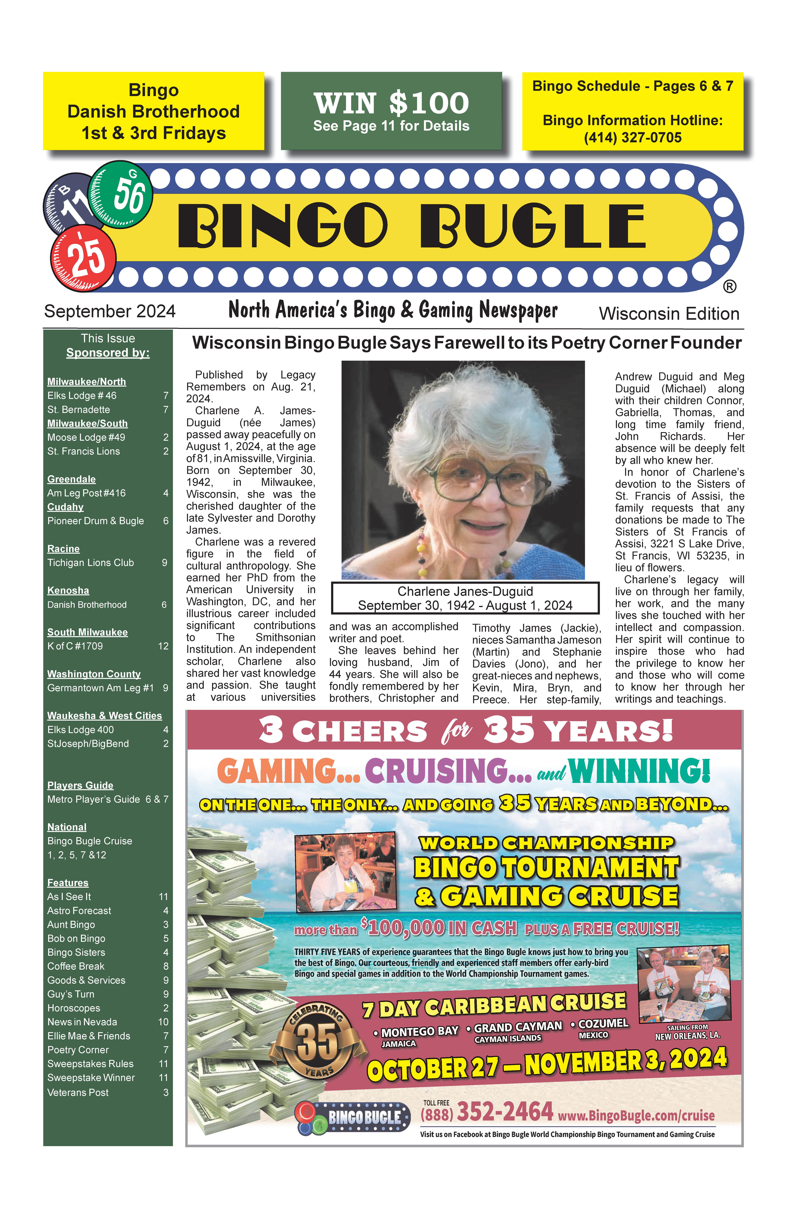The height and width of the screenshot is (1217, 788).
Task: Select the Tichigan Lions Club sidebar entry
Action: point(91,563)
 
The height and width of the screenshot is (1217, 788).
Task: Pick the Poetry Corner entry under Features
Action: point(78,1050)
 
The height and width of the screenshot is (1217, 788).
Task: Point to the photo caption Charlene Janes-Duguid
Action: point(465,592)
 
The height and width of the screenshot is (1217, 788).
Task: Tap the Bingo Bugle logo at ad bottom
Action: point(353,1117)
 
